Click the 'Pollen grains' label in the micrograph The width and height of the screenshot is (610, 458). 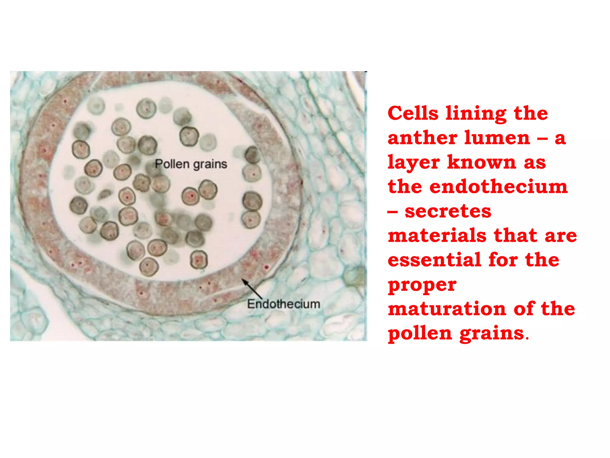click(191, 164)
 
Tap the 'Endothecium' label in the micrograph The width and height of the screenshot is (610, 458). click(284, 304)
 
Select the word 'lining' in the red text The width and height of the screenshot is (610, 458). click(476, 114)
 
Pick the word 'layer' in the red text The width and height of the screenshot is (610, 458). click(414, 163)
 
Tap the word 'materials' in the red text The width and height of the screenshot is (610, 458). click(437, 236)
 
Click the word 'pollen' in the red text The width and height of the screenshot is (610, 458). click(420, 334)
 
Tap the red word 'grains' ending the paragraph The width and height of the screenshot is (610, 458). click(491, 334)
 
